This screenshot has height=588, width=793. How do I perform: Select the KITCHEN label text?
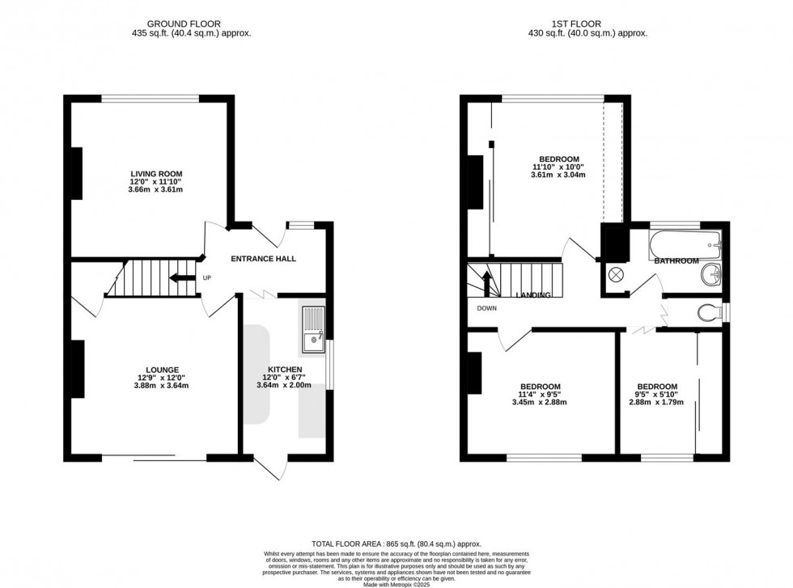285,370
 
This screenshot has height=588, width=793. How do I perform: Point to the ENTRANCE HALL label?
263,259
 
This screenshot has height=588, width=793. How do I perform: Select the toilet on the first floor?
708,312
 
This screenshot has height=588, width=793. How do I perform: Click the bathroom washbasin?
712,273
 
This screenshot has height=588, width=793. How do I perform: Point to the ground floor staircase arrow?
182,279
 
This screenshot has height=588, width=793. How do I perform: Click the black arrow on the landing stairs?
486,284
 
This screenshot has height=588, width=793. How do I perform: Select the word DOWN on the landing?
487,308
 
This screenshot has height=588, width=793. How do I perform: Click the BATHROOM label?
676,260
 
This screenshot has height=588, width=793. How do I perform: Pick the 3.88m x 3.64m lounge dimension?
162,386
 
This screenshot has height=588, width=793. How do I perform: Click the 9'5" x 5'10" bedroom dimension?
656,394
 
